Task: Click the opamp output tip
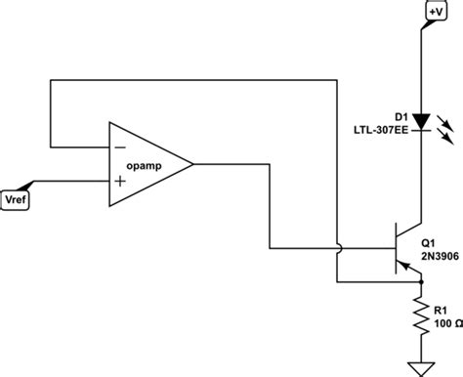(x=192, y=164)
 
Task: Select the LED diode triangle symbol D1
(x=421, y=122)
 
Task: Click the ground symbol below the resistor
(x=421, y=367)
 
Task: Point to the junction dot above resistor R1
(x=421, y=283)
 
